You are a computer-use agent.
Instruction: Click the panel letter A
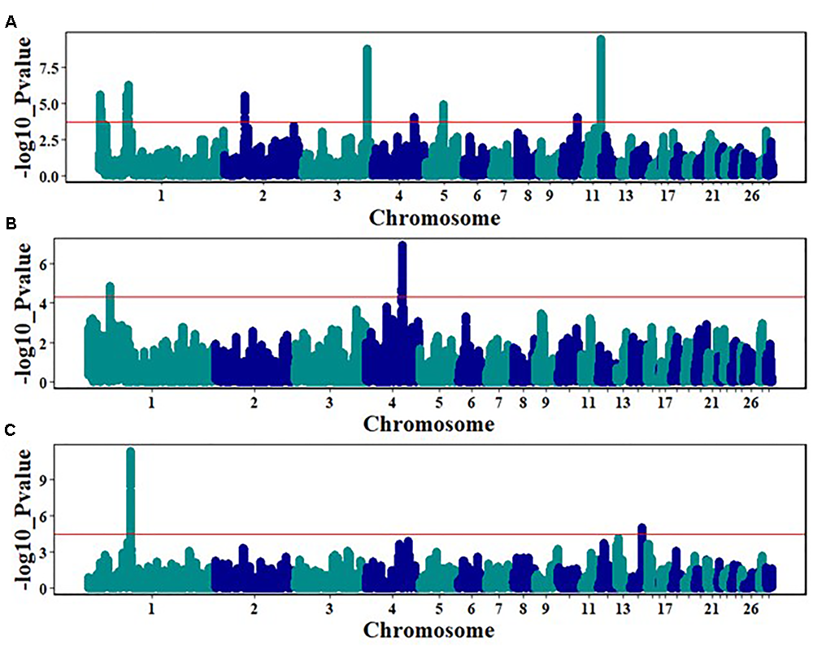(11, 23)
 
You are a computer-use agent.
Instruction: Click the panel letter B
(11, 227)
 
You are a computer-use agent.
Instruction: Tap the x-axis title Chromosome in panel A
(434, 218)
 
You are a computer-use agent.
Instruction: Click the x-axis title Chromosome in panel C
(428, 630)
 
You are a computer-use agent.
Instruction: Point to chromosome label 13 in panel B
(623, 402)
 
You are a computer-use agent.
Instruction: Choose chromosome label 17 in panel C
(665, 608)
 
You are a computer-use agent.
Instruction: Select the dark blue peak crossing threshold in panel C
(641, 529)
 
